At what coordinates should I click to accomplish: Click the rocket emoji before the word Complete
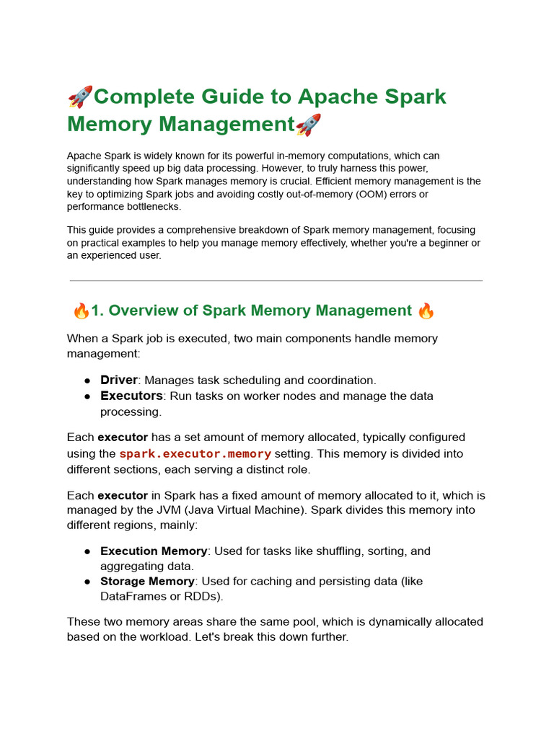pyautogui.click(x=80, y=97)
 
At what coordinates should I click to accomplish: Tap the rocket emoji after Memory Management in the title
pyautogui.click(x=309, y=125)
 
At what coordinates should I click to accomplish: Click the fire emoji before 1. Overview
pyautogui.click(x=82, y=311)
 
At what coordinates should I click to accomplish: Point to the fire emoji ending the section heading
pyautogui.click(x=426, y=311)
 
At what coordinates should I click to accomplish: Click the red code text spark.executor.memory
pyautogui.click(x=195, y=454)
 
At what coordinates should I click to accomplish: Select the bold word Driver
pyautogui.click(x=118, y=380)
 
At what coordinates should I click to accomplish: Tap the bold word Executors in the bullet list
pyautogui.click(x=131, y=396)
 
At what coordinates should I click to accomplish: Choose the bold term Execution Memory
pyautogui.click(x=154, y=551)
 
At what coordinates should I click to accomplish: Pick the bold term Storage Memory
pyautogui.click(x=147, y=582)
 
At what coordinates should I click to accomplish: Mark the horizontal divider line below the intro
pyautogui.click(x=276, y=280)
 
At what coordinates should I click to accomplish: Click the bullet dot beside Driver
pyautogui.click(x=87, y=381)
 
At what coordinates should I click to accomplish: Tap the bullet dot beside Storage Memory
pyautogui.click(x=87, y=582)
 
